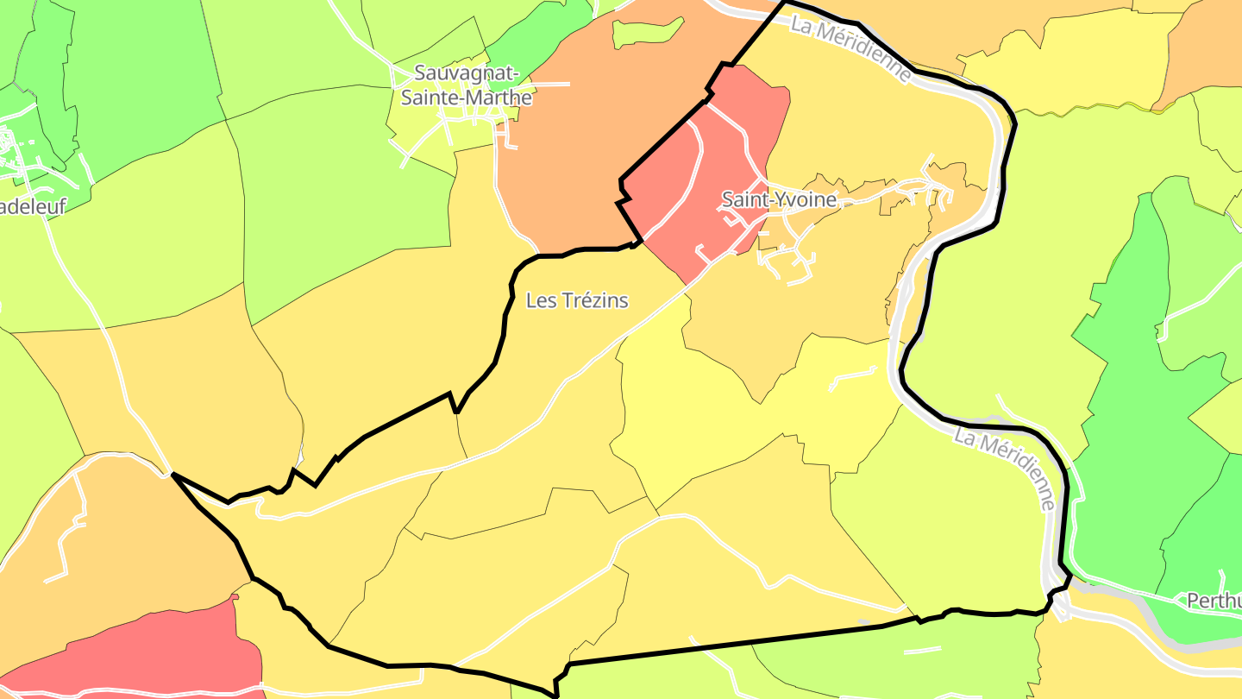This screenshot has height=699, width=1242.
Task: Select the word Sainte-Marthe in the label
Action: [467, 98]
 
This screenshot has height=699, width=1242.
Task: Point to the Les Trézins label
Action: [577, 300]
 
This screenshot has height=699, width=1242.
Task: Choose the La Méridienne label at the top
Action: [850, 50]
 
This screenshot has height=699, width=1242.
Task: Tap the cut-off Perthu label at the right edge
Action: [1214, 600]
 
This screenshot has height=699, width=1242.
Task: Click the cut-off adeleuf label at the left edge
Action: [33, 207]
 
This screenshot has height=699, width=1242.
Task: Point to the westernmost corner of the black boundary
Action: [173, 474]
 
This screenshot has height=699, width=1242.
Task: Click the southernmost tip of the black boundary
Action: [555, 693]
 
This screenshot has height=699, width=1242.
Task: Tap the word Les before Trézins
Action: [540, 300]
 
